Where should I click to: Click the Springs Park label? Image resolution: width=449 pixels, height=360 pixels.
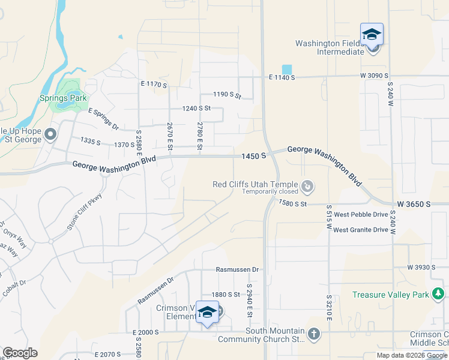pos(62,98)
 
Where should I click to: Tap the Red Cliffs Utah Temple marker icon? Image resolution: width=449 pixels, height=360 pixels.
pos(307,187)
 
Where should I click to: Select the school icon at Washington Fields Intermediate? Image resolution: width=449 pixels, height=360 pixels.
pos(372,34)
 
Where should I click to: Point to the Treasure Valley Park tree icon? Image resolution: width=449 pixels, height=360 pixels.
pos(439,293)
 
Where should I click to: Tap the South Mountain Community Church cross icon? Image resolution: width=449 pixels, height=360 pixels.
pos(314,334)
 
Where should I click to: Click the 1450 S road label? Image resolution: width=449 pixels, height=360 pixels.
pos(253,156)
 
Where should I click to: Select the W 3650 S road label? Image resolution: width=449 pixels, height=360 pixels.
pos(412,205)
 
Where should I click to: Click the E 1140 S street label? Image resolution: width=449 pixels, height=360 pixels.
pos(282,77)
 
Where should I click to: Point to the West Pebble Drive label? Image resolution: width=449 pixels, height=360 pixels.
pos(361,214)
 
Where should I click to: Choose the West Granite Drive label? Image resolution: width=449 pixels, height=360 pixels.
pos(361,230)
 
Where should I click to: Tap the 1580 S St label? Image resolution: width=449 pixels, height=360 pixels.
pos(292,204)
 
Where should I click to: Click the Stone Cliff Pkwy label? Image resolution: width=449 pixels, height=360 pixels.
pos(85,212)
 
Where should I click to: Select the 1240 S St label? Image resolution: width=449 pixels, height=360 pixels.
pos(197,108)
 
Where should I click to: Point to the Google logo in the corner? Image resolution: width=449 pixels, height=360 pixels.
pos(20,353)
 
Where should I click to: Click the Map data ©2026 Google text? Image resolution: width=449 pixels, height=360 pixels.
pos(411,355)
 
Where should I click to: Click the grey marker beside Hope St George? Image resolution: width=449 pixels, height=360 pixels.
pos(50,133)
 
